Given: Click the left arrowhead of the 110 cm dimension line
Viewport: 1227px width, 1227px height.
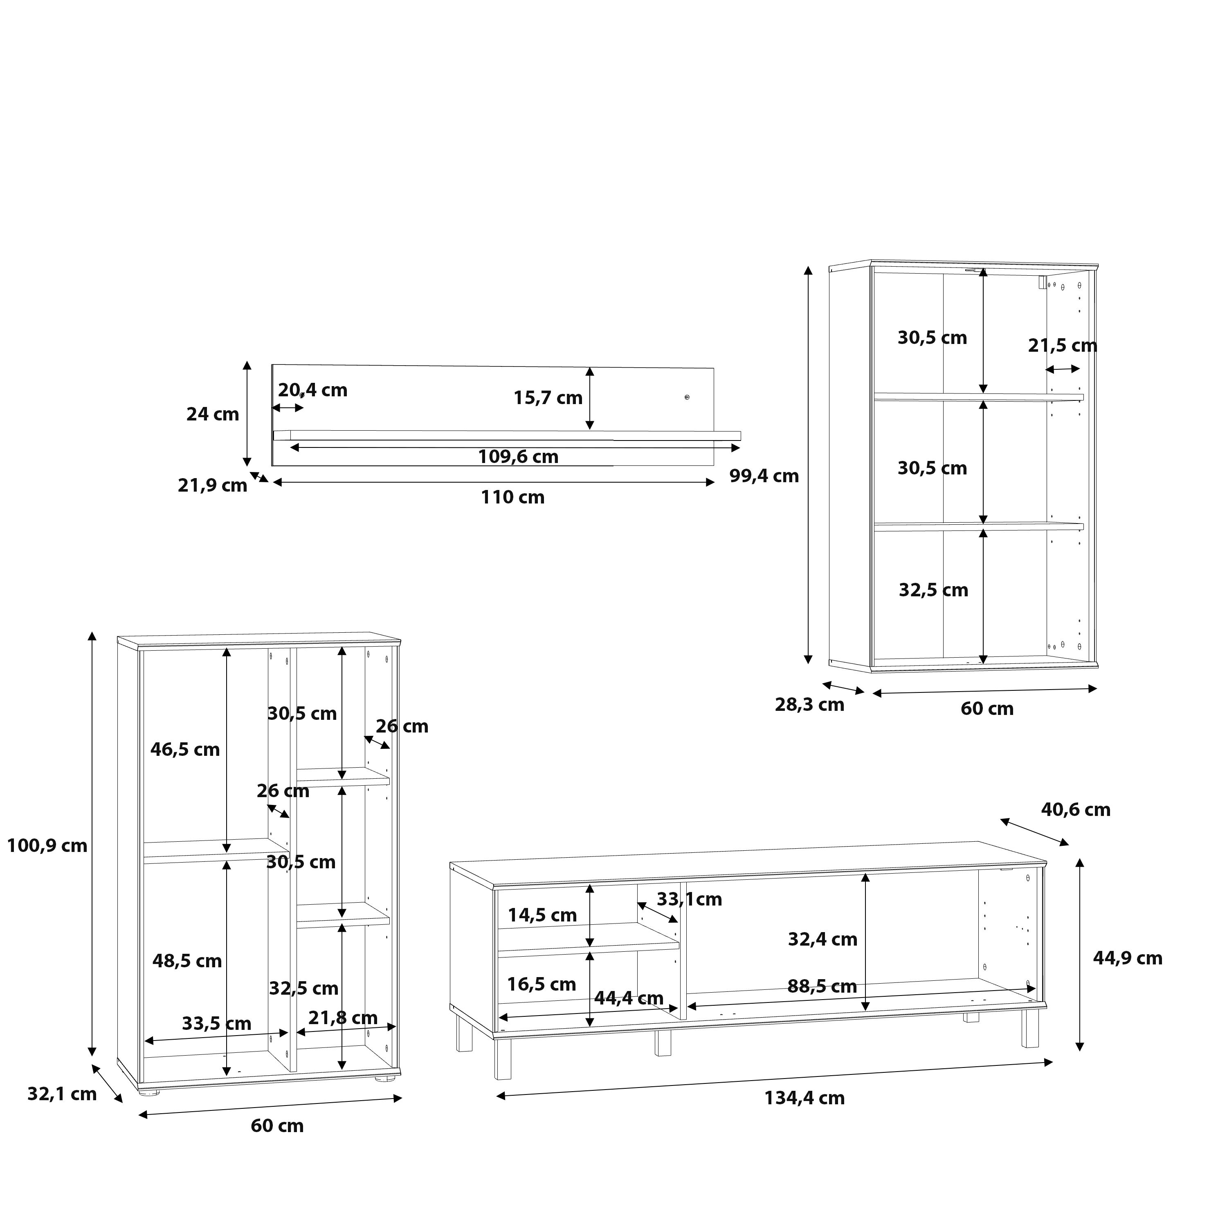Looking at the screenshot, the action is click(277, 483).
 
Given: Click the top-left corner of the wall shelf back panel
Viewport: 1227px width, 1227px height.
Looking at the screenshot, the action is click(272, 364).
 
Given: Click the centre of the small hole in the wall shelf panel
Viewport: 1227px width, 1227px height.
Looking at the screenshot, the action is click(687, 398).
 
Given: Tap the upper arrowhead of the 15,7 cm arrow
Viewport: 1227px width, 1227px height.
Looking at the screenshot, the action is click(590, 372).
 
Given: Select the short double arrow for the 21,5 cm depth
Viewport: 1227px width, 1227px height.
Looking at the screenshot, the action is click(1063, 369).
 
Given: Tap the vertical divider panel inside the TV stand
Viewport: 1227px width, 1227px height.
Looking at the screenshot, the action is click(683, 950).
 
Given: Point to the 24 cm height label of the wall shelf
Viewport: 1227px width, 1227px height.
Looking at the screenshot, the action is click(212, 414).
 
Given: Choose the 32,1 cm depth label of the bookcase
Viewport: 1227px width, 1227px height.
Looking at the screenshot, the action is click(62, 1094).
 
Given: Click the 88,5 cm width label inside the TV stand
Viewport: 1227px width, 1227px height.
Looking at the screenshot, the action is click(822, 986).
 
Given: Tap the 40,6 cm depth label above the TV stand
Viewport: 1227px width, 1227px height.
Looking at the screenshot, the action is click(1075, 810).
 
